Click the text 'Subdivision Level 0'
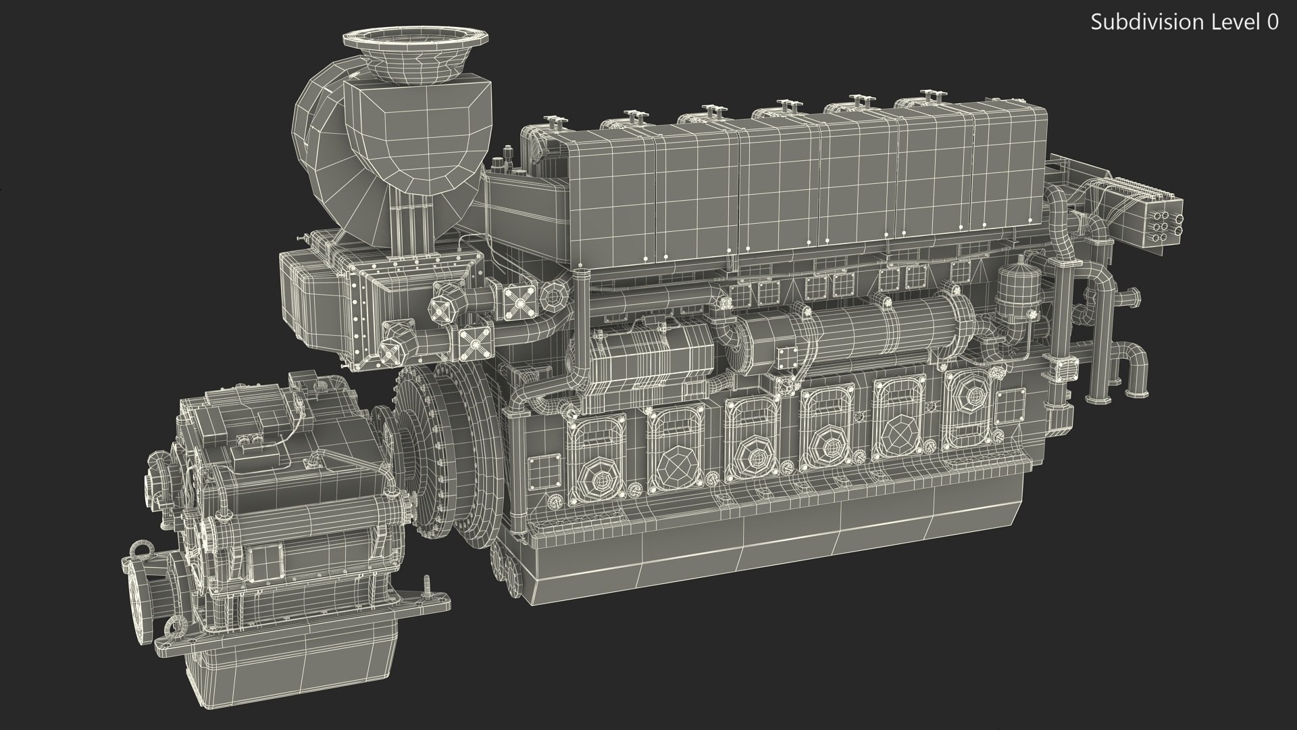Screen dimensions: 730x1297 (x=1184, y=22)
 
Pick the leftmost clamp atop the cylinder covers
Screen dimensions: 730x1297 (x=555, y=123)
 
